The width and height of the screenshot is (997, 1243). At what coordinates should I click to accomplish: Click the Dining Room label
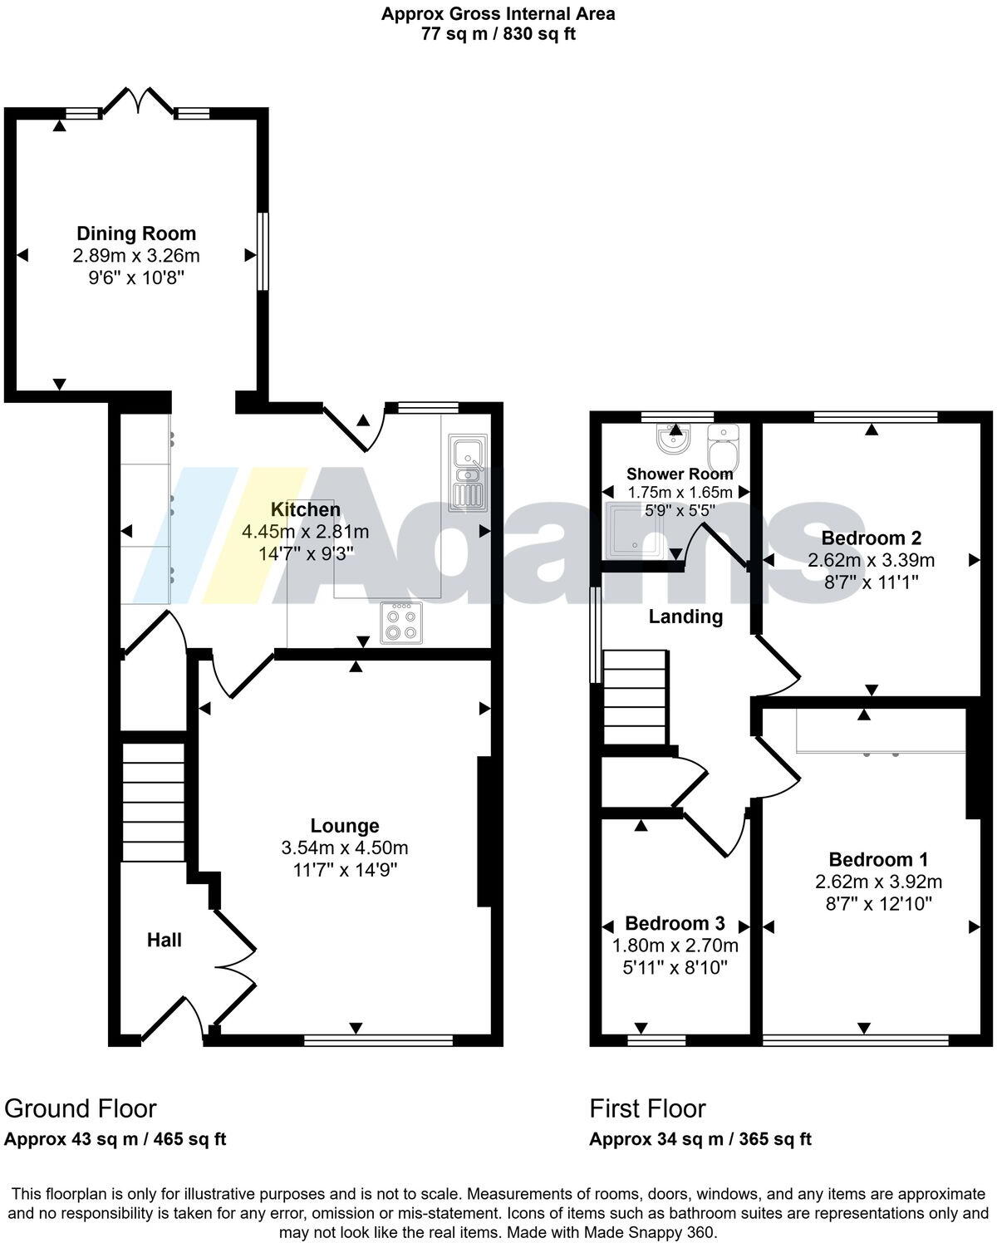coord(136,233)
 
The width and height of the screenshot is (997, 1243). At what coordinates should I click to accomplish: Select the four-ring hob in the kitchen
coord(400,622)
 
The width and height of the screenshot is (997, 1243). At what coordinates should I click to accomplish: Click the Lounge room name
coord(345,825)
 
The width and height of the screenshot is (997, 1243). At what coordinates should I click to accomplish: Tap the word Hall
coord(165,940)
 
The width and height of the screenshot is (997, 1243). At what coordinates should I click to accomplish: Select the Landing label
coord(685,617)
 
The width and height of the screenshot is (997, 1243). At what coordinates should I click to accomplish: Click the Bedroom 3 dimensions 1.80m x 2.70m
coord(675,946)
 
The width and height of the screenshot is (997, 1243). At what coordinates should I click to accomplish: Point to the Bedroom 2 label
coord(871,538)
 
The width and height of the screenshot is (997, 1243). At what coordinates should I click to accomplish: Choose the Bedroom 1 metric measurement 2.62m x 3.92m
coord(878,882)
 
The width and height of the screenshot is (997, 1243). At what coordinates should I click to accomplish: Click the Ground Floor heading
coord(81,1108)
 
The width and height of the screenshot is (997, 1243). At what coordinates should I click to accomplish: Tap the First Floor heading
coord(647,1108)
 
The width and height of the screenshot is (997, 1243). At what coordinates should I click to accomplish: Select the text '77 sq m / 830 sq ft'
coord(498,34)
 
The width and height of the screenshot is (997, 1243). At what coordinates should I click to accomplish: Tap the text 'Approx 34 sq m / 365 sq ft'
coord(700,1139)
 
